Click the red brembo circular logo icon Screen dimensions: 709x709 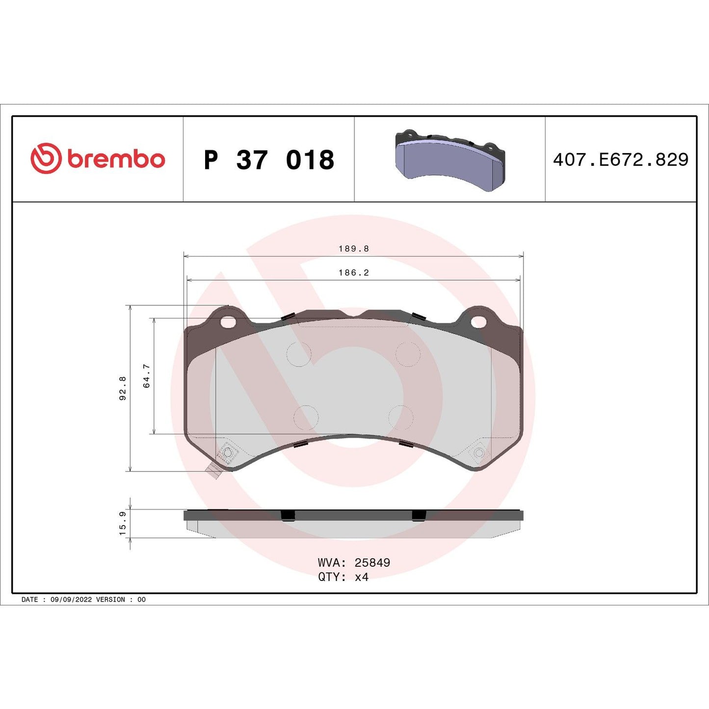pyautogui.click(x=46, y=158)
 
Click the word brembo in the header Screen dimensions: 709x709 pyautogui.click(x=116, y=159)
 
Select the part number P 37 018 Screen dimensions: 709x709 pyautogui.click(x=269, y=160)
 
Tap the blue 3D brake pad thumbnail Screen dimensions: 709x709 pyautogui.click(x=449, y=160)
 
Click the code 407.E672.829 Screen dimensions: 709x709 pyautogui.click(x=621, y=159)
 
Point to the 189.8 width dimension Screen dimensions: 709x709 pyautogui.click(x=353, y=249)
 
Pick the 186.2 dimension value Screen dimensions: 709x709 pyautogui.click(x=353, y=272)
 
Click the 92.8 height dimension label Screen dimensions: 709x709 pyautogui.click(x=123, y=388)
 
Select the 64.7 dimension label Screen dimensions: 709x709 pyautogui.click(x=147, y=376)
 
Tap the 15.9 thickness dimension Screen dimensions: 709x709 pyautogui.click(x=123, y=523)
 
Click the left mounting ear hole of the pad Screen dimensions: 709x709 pyautogui.click(x=228, y=322)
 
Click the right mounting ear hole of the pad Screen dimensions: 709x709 pyautogui.click(x=478, y=321)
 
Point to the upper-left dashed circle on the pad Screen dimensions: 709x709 pyautogui.click(x=299, y=354)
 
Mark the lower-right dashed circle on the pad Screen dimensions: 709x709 pyautogui.click(x=400, y=418)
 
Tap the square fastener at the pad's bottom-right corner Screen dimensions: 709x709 pyautogui.click(x=479, y=452)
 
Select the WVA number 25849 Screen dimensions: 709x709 pyautogui.click(x=372, y=563)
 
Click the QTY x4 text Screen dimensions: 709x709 pyautogui.click(x=343, y=577)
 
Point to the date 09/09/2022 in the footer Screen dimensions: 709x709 pyautogui.click(x=71, y=600)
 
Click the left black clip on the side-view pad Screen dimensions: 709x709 pyautogui.click(x=288, y=515)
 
